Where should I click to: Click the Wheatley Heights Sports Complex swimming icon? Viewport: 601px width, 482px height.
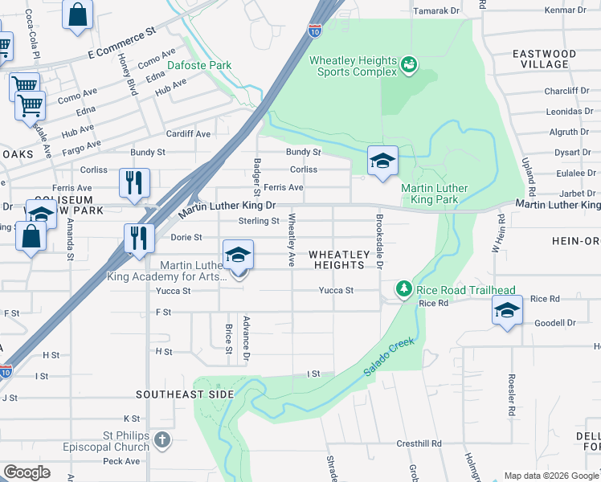point(409,63)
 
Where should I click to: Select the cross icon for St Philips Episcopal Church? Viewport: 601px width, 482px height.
point(162,439)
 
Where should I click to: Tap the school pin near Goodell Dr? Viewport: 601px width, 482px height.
point(507,311)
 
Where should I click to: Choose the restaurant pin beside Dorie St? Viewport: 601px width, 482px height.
point(140,239)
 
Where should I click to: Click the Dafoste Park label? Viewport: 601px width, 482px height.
point(199,65)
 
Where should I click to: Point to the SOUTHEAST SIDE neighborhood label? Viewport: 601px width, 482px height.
point(184,394)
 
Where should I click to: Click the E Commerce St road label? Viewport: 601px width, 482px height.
point(121,44)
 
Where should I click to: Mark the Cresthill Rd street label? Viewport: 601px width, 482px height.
point(419,443)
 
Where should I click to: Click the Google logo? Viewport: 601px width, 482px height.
point(27,472)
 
